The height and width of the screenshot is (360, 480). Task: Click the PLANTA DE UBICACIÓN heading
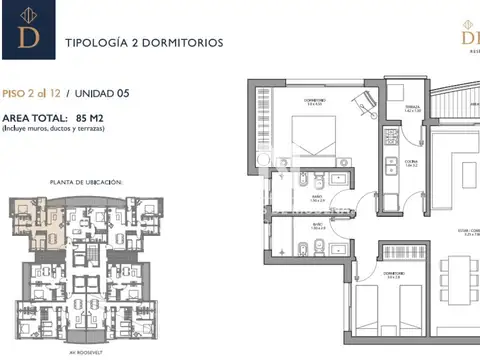86,182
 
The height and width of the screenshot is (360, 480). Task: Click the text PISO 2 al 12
32,94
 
